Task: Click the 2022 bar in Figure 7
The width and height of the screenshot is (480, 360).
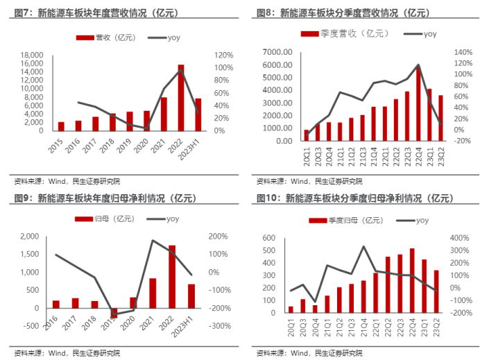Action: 181,98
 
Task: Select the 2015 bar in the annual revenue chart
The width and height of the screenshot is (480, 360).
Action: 61,126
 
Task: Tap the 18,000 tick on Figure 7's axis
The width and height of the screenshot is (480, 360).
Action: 31,55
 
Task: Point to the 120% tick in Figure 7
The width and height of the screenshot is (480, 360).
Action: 223,55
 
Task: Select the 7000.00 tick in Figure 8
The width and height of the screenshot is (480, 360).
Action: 276,52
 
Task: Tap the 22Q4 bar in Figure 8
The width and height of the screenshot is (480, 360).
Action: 418,103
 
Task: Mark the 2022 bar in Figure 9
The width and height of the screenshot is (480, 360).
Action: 172,276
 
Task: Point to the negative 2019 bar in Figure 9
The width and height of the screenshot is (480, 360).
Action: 114,312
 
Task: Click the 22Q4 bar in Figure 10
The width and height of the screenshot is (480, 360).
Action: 413,280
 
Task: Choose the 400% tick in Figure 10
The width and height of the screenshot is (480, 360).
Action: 461,238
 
